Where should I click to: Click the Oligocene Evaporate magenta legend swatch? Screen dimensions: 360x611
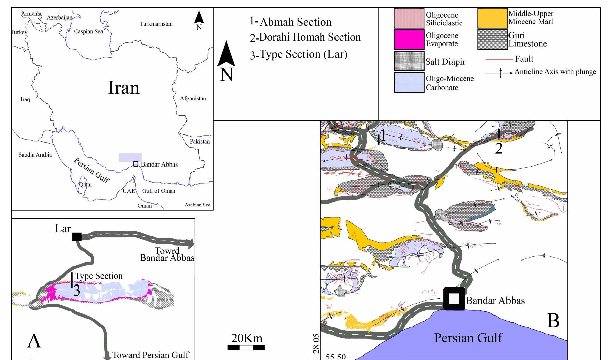point(409,39)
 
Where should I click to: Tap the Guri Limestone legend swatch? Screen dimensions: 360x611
point(493,40)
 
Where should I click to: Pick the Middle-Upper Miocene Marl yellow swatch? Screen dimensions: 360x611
point(493,18)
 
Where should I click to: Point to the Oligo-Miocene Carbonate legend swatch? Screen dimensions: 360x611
point(409,83)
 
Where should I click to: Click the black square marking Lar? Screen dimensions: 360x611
point(77,237)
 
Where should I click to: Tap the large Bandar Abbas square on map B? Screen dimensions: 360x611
point(454,299)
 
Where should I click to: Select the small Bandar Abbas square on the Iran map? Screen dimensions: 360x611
point(136,164)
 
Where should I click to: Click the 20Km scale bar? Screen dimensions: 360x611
point(246,348)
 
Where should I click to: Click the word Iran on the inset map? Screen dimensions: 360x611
point(123,88)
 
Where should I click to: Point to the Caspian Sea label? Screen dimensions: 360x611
point(88,32)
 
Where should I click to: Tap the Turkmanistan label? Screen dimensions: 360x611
point(156,24)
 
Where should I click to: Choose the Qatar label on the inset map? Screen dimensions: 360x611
point(85,185)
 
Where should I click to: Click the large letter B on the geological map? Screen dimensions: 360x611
point(553,321)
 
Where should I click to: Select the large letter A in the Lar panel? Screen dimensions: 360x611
point(34,341)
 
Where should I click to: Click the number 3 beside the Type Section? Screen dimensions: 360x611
point(77,291)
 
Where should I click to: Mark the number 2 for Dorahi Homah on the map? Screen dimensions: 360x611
point(498,148)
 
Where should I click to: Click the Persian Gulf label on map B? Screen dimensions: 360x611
point(468,338)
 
